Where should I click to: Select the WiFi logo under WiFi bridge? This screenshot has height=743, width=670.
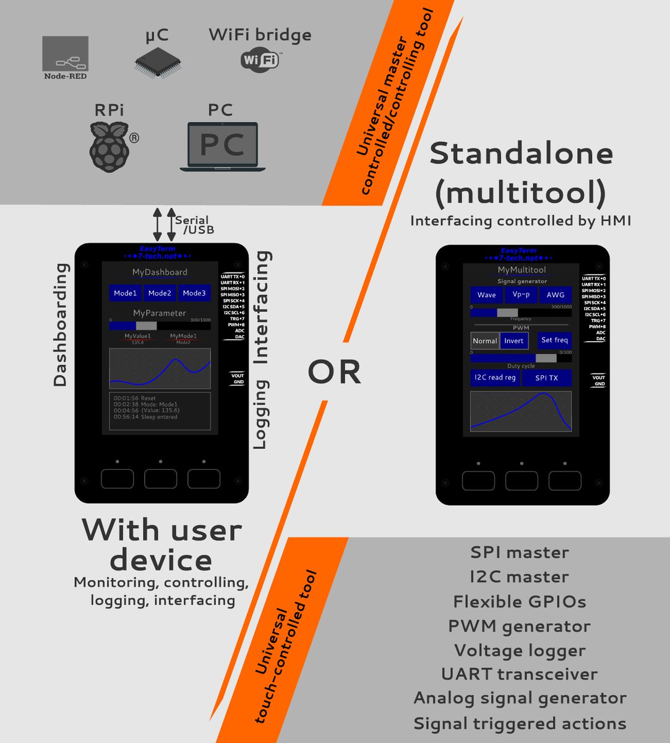coord(259,61)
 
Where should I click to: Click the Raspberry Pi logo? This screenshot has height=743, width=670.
coord(110,146)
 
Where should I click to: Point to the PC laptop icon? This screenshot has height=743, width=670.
coord(223,146)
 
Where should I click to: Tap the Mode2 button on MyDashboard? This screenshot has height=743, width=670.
coord(160,293)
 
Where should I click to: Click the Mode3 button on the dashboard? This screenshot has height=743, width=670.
coord(194,293)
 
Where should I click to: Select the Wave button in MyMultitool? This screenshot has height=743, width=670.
coord(486,295)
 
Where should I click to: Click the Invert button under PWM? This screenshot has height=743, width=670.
coord(513,341)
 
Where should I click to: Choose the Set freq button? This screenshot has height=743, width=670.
coord(554,340)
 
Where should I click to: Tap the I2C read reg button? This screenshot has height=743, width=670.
coord(495,378)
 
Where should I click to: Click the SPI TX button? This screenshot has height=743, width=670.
coord(546,378)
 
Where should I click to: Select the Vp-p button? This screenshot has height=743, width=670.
coord(521,295)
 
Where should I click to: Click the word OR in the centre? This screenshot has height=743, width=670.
coord(334,372)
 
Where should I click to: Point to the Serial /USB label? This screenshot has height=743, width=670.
coord(193,225)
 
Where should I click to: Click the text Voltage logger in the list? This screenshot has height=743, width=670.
coord(520,651)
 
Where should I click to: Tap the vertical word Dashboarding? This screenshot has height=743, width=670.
coord(60,324)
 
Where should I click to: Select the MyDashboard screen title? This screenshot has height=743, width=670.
coord(160,272)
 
